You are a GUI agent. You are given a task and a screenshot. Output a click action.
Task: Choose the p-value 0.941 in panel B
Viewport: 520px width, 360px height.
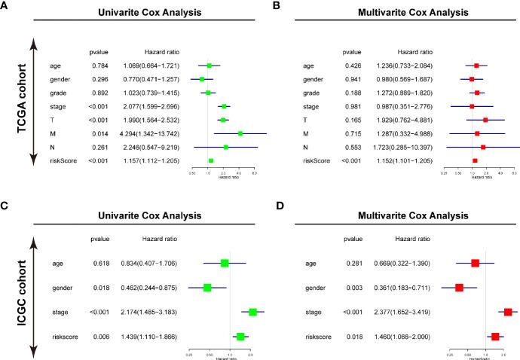tap(352, 79)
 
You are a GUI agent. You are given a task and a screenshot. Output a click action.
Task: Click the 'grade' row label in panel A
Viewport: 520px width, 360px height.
tap(59, 93)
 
